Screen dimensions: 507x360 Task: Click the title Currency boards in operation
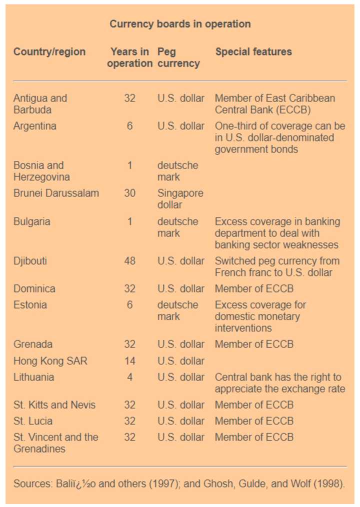tap(180, 24)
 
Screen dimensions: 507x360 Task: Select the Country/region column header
tap(49, 51)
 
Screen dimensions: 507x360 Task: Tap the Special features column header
tap(253, 51)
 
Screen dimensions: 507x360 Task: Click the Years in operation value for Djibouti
tap(129, 261)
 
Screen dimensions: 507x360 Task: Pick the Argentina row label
tap(34, 126)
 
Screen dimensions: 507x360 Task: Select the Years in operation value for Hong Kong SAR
tap(129, 360)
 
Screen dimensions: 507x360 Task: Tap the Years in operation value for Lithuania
tap(129, 377)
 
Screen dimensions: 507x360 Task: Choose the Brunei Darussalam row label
tap(56, 193)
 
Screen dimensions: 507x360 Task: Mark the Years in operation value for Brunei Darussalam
tap(129, 193)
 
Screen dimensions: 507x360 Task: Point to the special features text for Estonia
tap(260, 316)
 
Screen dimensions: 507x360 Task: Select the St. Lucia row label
tap(33, 421)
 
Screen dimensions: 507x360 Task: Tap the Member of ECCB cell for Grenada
tap(254, 344)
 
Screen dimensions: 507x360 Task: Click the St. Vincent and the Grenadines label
tap(55, 443)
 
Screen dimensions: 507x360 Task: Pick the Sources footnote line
tap(179, 483)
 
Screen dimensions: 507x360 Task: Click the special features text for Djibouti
tap(277, 267)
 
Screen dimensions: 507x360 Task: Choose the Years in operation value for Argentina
tap(129, 126)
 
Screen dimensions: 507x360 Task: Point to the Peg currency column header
tap(178, 57)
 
